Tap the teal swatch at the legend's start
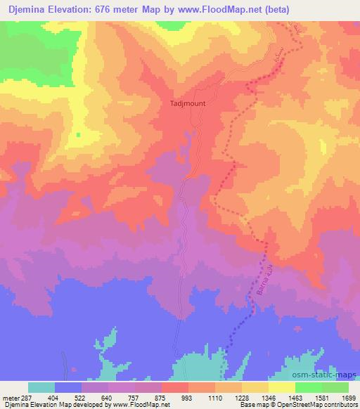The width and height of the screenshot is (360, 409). coord(41,387)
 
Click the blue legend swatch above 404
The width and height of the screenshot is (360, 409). coord(68,387)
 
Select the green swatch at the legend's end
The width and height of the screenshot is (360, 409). coord(335,387)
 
